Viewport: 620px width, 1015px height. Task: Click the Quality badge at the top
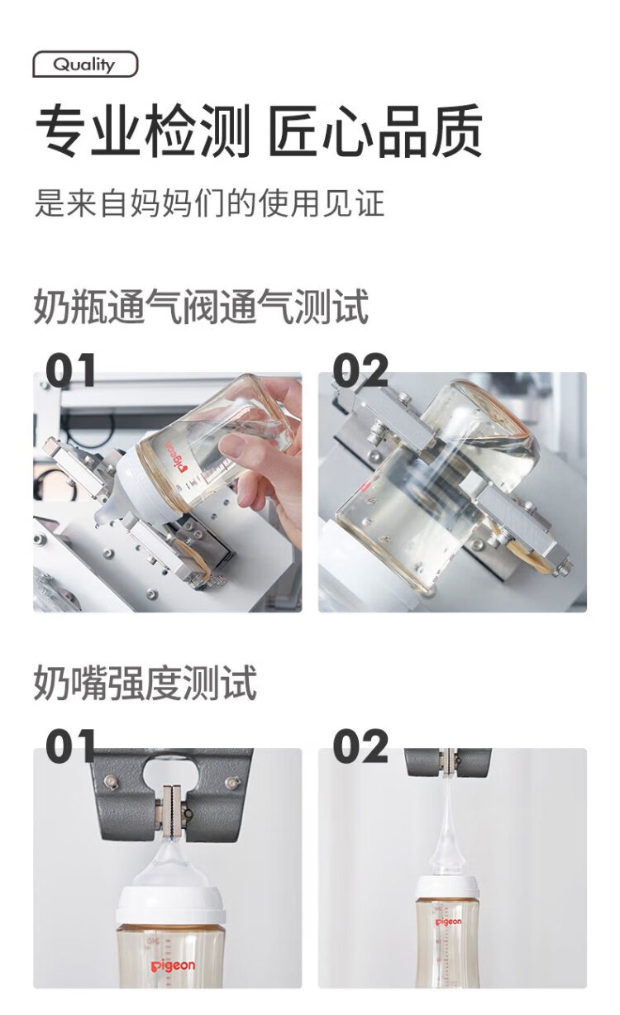[85, 64]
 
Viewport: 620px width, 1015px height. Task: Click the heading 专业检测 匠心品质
[258, 131]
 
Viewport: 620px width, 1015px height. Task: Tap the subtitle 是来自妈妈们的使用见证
[209, 203]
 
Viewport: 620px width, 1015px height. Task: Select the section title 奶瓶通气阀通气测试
[201, 307]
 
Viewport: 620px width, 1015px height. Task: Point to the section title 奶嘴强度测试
[145, 683]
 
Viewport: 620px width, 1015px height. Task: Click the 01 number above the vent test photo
[71, 370]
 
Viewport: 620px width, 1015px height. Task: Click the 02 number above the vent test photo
[360, 370]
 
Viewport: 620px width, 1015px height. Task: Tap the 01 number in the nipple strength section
[71, 746]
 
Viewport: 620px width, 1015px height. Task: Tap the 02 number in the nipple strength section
[360, 746]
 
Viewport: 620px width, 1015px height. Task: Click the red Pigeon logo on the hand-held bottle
[176, 457]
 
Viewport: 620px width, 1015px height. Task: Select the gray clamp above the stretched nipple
[448, 761]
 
